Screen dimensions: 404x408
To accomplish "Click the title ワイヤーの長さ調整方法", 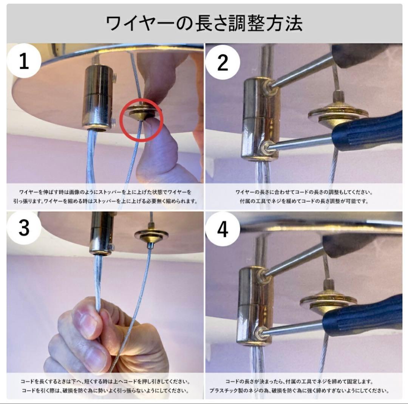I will point(204,23).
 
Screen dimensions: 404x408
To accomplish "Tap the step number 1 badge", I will point(23,61).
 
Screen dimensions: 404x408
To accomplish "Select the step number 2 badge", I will point(223,61).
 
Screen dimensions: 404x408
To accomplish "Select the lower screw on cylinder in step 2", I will point(269,146).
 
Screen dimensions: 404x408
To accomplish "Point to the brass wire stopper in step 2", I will point(337,113).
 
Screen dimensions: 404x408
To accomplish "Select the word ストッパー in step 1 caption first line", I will point(117,192).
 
